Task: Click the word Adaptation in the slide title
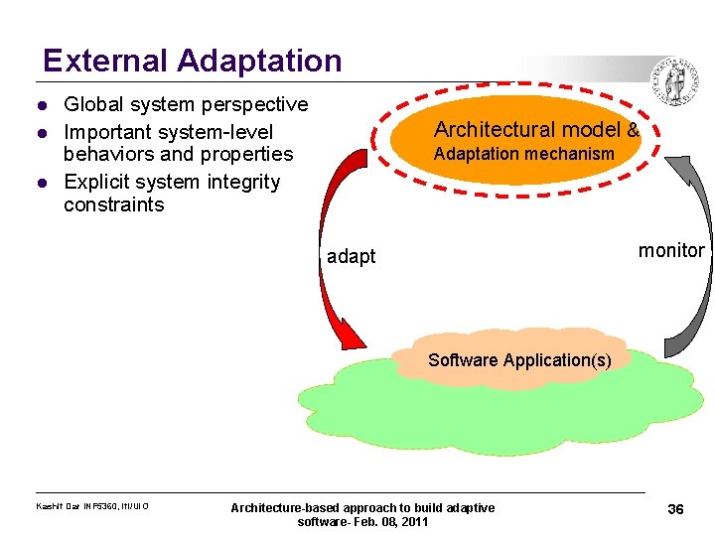260,62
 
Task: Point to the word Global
94,104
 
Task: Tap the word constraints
113,205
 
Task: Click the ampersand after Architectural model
633,130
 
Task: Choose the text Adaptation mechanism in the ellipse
523,154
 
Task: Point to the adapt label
352,257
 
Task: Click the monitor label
670,251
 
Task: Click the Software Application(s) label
519,359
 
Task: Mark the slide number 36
675,509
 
